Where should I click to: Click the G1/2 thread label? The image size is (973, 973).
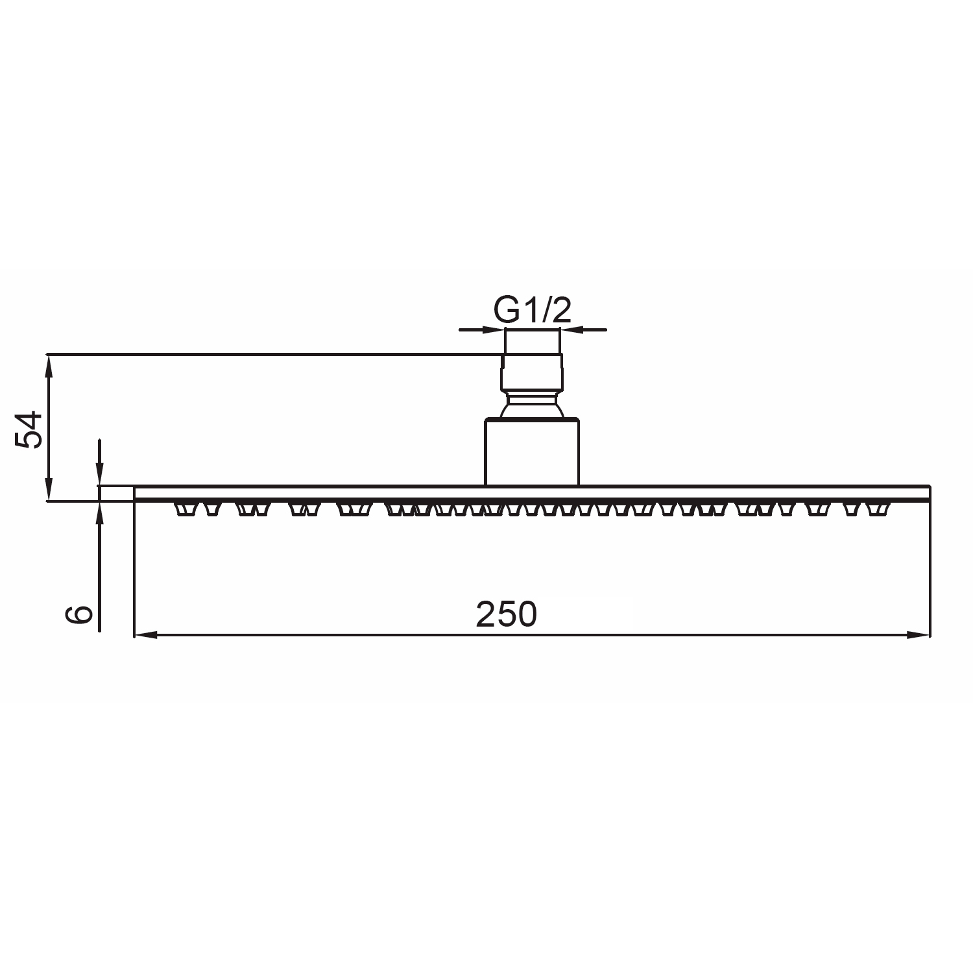(x=532, y=311)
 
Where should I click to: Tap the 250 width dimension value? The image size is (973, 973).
(x=507, y=614)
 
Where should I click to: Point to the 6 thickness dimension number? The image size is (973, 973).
(x=80, y=614)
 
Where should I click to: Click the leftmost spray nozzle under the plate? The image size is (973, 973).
(x=184, y=509)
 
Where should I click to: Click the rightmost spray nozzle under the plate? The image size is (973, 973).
(x=879, y=509)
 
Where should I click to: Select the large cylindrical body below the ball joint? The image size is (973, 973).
(x=532, y=453)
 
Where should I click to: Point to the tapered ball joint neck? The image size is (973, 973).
(x=532, y=407)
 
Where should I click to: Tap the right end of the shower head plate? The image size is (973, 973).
(x=928, y=493)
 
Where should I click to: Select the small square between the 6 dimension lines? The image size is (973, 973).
(x=116, y=493)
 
